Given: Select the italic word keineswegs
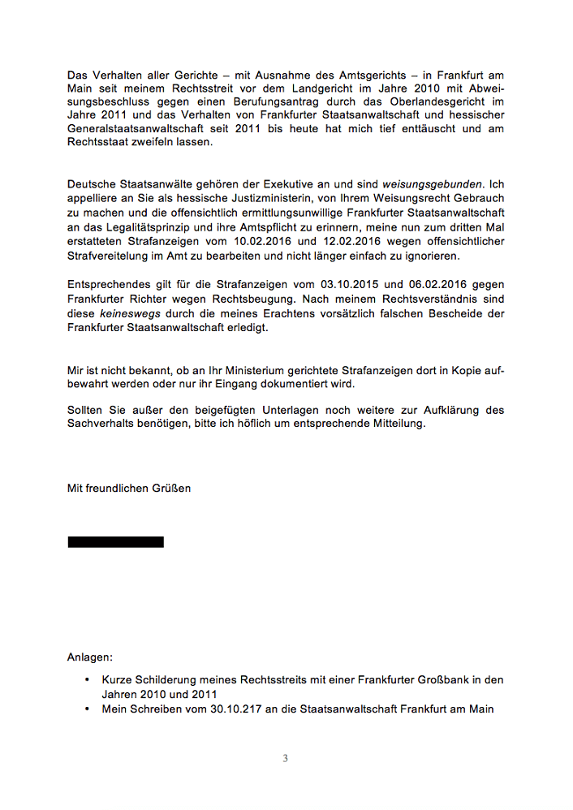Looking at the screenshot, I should point(127,314).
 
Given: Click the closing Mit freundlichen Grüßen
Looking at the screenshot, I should point(129,489).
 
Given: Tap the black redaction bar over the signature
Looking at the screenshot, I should point(115,542).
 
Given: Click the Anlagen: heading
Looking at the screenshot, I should point(90,656).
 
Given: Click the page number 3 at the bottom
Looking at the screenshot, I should point(285,759).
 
